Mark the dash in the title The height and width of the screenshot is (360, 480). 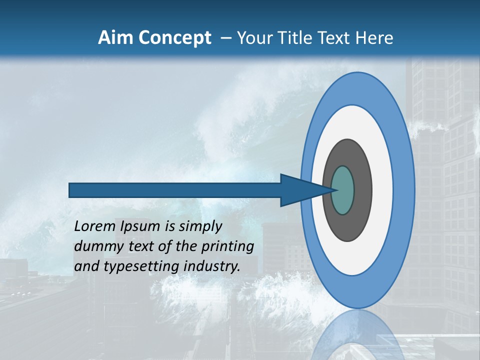point(225,38)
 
